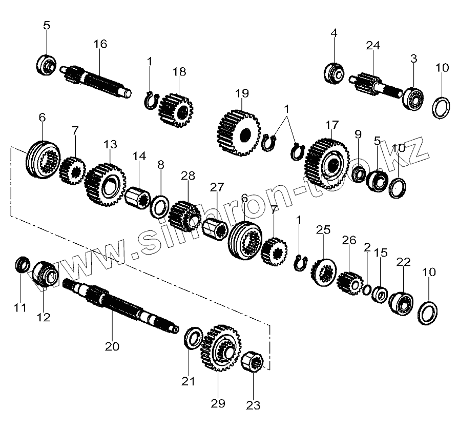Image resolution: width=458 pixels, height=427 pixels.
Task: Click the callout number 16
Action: (100, 44)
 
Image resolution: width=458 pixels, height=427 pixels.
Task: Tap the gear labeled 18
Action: (175, 110)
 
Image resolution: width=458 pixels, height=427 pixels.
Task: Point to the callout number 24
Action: (373, 46)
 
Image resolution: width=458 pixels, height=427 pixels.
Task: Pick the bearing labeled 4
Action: (334, 72)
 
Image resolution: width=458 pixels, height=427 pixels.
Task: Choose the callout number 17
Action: (332, 125)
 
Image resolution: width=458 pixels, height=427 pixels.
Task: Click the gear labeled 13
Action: (106, 185)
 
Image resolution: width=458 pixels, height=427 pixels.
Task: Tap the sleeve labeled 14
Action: (137, 197)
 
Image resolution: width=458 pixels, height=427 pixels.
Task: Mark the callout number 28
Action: (188, 176)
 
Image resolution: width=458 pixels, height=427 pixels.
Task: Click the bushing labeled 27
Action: (215, 226)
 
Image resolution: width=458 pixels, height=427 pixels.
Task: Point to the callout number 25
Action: (323, 229)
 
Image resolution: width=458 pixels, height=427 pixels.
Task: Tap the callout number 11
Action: (19, 308)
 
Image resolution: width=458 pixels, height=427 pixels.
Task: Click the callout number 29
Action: (218, 403)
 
